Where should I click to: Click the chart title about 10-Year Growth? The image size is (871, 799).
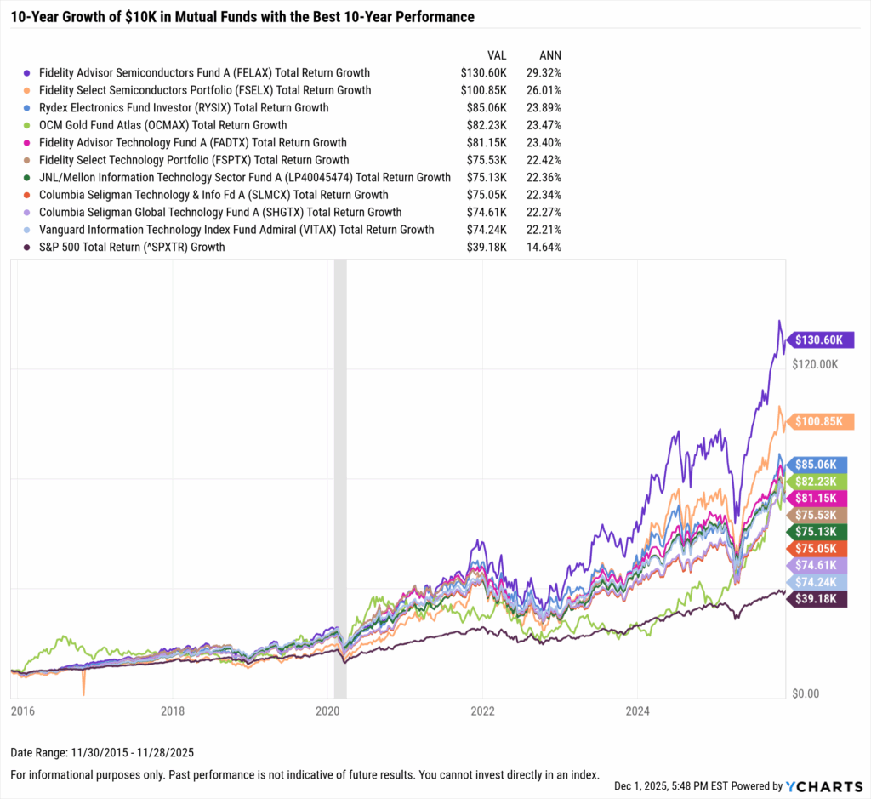(242, 17)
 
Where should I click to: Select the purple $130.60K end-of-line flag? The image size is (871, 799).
(818, 340)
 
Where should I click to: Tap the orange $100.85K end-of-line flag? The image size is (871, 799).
(818, 421)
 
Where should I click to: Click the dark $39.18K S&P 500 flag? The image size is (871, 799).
(818, 599)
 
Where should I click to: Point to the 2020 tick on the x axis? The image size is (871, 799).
(327, 710)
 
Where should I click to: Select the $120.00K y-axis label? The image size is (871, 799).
(816, 363)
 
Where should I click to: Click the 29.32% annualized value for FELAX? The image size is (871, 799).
(544, 73)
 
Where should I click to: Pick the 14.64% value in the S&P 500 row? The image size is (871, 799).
(544, 248)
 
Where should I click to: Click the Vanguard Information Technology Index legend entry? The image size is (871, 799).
(236, 230)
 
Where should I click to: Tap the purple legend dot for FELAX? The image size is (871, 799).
(28, 73)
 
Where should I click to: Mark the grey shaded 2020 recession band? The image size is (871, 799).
(340, 477)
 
